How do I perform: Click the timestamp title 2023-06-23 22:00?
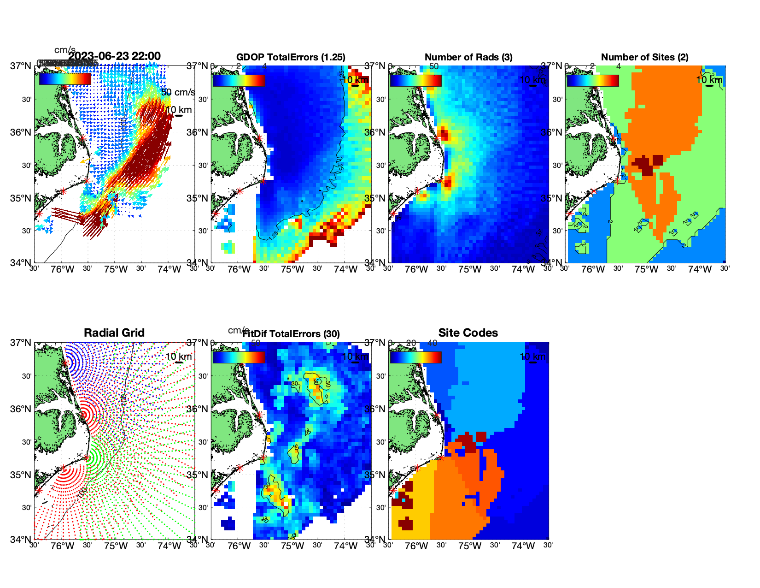pos(114,56)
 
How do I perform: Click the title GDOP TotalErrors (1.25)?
pos(291,57)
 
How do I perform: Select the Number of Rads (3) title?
pos(468,57)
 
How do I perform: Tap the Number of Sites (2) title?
pos(644,57)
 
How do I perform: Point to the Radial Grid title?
pos(114,333)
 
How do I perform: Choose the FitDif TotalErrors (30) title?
pos(291,334)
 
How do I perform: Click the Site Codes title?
pos(468,333)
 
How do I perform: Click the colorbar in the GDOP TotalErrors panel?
pos(239,81)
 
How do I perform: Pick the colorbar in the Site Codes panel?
pos(415,357)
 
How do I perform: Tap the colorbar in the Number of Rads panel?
pos(415,81)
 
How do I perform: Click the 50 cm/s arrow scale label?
pos(178,92)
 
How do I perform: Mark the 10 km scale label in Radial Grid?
pos(178,356)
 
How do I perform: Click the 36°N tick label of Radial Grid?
pos(22,409)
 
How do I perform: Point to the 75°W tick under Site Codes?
pos(470,546)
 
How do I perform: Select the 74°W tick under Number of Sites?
pos(700,270)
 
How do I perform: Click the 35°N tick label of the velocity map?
pos(22,198)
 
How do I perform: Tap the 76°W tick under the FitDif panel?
pos(239,546)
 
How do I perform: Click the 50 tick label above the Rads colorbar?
pos(434,66)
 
